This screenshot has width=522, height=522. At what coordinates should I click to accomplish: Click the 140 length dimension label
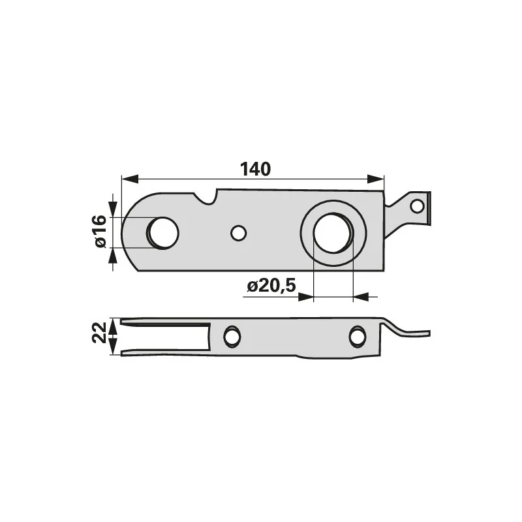(x=255, y=169)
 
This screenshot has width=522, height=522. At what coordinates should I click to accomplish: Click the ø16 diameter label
(x=100, y=232)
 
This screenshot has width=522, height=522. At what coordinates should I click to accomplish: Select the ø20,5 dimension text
(x=271, y=286)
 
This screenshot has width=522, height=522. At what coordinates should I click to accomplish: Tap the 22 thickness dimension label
(x=100, y=332)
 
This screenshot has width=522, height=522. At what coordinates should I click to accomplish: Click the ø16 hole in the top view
(x=163, y=233)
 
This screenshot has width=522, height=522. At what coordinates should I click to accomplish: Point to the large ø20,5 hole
(x=333, y=233)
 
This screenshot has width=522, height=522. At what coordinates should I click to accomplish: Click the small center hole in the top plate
(x=238, y=233)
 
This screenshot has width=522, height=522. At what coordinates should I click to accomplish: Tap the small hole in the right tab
(x=417, y=206)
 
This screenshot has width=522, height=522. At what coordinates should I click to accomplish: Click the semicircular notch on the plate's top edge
(x=206, y=197)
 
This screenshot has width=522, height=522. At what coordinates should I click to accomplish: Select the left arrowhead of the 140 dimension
(x=130, y=179)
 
